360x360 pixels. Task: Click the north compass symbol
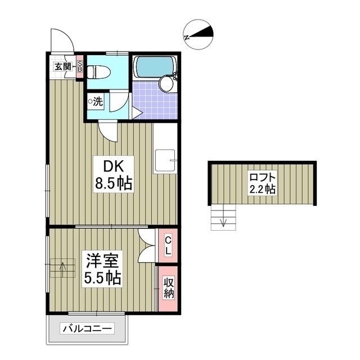pos(199,34)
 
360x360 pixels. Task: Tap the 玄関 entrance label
pos(62,67)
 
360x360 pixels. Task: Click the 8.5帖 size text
pos(112,183)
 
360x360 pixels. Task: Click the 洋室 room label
pos(102,260)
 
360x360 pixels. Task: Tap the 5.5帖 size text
pos(102,277)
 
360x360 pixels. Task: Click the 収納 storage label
pos(168,287)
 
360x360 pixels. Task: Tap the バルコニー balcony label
pos(88,328)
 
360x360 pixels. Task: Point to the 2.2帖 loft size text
pos(263,189)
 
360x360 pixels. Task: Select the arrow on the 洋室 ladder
pos(62,267)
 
